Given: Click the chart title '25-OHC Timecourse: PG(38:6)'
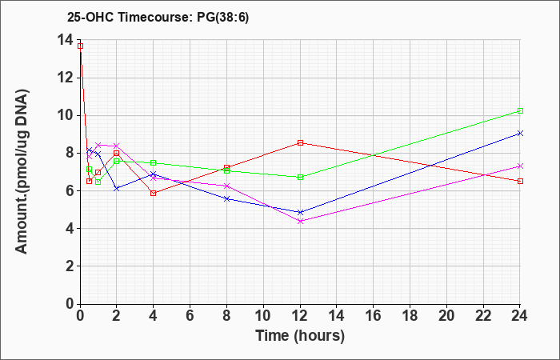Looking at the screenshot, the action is (x=158, y=17).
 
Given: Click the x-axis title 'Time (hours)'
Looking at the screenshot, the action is (x=300, y=336).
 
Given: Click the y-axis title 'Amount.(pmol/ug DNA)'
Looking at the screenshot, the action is (x=22, y=171).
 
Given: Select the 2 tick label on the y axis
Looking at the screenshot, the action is (x=70, y=266).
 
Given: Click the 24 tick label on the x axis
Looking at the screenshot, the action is (x=520, y=315).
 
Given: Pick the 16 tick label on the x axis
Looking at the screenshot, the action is (x=374, y=315).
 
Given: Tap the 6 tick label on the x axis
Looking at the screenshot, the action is (x=190, y=315).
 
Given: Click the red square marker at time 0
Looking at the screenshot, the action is (x=80, y=46).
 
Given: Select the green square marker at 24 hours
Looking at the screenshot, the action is (x=520, y=110).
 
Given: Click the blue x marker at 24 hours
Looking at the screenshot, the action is (x=520, y=134).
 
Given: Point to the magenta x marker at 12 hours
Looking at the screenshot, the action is (x=300, y=221).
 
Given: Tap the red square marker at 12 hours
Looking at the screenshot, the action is (x=300, y=143).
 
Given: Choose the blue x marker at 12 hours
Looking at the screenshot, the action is (x=300, y=212).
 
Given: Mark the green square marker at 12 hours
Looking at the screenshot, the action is (x=300, y=177).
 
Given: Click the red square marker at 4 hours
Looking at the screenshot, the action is (x=154, y=194).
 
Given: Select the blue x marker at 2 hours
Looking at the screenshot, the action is (x=117, y=188).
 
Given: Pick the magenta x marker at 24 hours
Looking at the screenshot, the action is (x=520, y=166).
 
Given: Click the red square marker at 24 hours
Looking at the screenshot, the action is (x=520, y=181).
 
